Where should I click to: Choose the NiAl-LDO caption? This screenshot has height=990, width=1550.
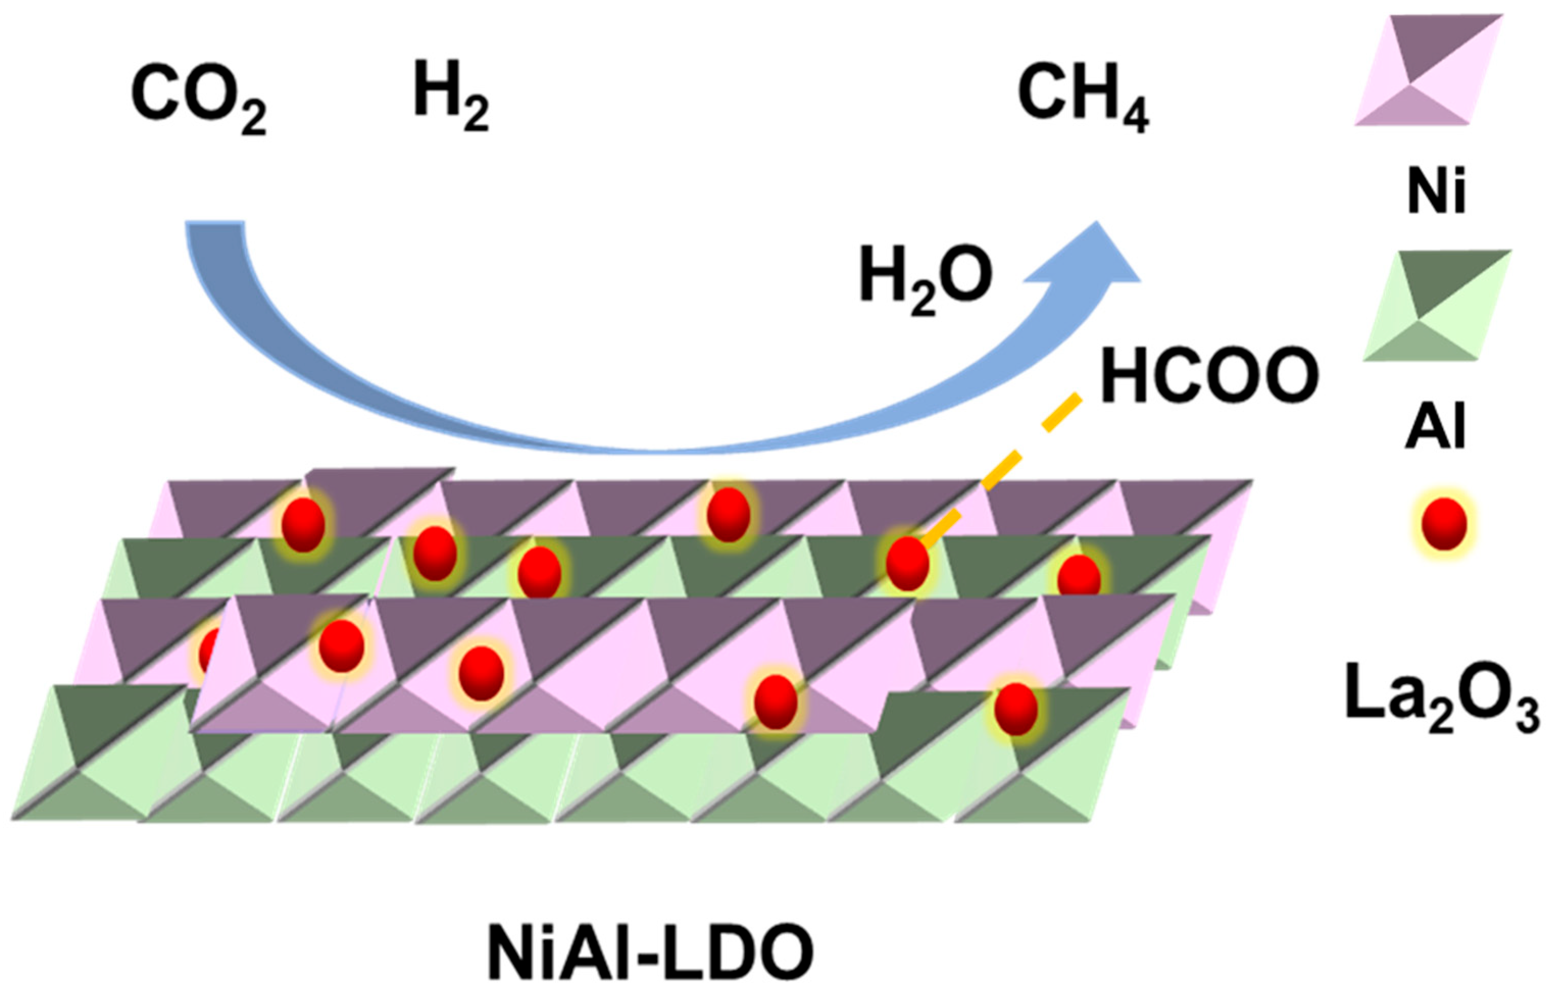[650, 952]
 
